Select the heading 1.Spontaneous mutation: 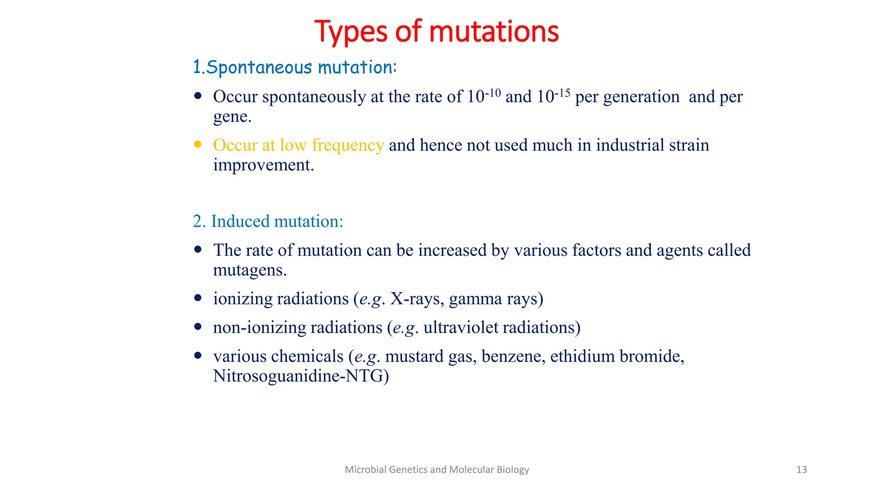294,67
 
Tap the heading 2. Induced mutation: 268,221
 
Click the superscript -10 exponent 493,93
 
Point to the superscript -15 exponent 562,93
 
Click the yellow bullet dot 198,144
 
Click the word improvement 263,165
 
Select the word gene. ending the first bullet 232,117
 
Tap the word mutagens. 249,270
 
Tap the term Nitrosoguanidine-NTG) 300,376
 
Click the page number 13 801,470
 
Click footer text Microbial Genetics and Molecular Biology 437,470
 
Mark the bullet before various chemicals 198,355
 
